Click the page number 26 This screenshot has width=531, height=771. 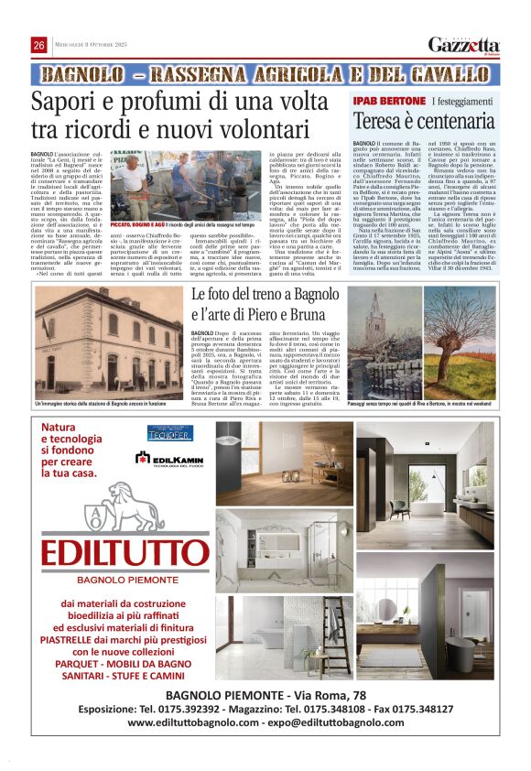[39, 45]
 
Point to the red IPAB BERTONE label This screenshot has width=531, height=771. [389, 100]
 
